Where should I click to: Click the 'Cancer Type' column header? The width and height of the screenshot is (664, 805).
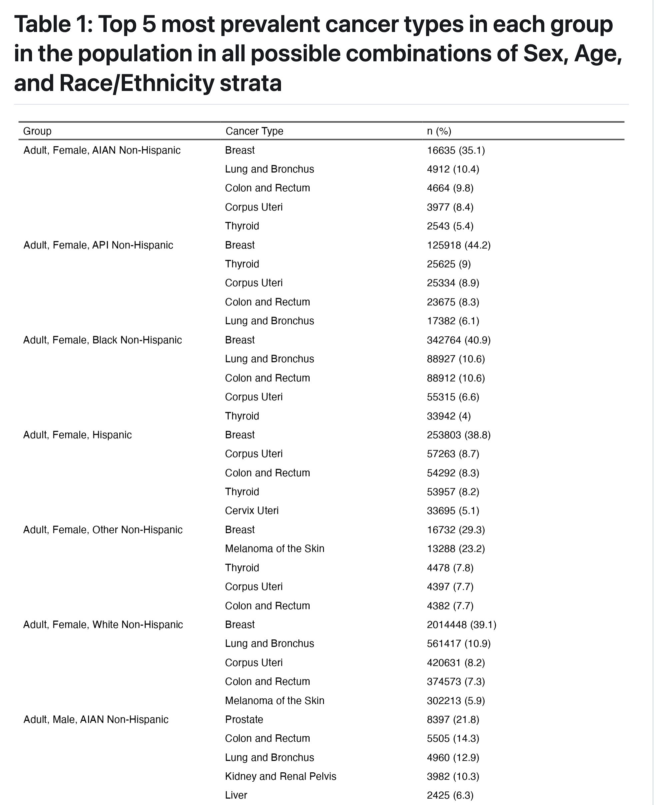pos(254,131)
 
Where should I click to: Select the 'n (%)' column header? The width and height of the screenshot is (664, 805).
pos(439,131)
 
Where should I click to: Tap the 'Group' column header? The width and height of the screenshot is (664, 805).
pos(37,131)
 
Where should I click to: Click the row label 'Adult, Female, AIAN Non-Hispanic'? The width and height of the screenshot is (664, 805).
pos(102,150)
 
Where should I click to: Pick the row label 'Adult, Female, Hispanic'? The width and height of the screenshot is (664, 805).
pos(77,435)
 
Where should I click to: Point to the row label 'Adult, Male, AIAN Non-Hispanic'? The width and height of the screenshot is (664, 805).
pos(96,719)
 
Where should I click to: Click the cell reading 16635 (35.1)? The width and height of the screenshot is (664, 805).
pos(456,150)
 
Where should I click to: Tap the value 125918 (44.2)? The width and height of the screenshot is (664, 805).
pos(459,245)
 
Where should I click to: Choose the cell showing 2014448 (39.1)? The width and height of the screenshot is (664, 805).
pos(461,625)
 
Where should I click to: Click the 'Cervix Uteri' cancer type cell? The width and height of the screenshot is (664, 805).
pos(252,511)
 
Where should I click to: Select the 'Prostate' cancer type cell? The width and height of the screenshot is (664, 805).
pos(244,719)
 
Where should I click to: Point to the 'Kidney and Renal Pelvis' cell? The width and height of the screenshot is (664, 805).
pos(280,776)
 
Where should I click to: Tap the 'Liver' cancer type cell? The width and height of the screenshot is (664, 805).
pos(236,795)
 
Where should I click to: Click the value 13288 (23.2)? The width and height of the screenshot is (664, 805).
pos(456,548)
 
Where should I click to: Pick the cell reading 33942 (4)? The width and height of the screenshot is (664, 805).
pos(449,416)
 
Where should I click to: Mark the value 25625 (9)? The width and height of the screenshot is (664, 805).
pos(449,264)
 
